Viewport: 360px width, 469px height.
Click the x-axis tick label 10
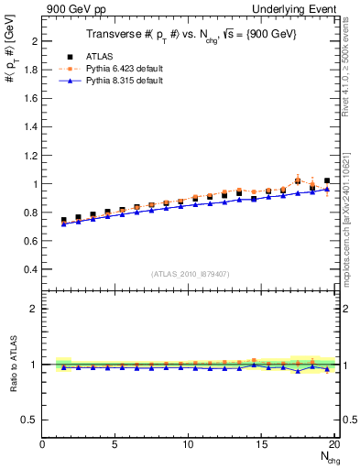point(189,444)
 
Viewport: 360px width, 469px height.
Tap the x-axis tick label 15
point(262,444)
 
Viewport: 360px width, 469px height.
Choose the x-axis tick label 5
point(115,444)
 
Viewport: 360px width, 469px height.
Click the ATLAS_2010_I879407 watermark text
point(190,273)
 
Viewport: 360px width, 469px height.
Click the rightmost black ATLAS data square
point(327,181)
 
